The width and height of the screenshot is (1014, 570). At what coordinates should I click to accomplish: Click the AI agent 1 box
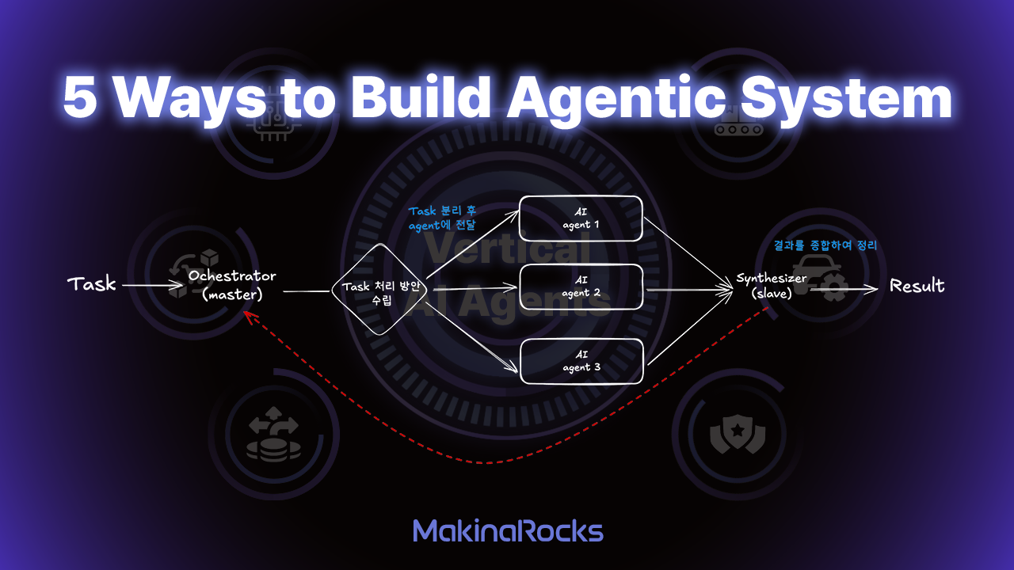[580, 218]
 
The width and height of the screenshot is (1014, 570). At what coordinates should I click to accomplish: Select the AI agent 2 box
[580, 287]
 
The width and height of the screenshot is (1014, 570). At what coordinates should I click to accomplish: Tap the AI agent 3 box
[580, 361]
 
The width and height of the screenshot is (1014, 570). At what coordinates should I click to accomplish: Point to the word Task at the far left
[92, 284]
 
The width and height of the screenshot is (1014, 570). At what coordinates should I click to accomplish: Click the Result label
[917, 286]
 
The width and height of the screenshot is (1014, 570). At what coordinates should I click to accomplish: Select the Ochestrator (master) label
[232, 285]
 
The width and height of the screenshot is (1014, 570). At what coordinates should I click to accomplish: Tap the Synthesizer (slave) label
[771, 287]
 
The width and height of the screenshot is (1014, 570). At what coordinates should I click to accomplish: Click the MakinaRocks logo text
[508, 530]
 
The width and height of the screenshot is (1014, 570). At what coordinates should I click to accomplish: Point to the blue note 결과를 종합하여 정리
[825, 246]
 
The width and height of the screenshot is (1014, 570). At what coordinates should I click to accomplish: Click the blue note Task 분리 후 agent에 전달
[442, 218]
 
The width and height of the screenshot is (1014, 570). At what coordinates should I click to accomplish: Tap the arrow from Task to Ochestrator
[151, 285]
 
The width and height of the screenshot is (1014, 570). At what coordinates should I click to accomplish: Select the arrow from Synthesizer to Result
[843, 290]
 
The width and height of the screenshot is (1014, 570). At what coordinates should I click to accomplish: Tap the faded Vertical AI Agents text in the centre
[507, 277]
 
